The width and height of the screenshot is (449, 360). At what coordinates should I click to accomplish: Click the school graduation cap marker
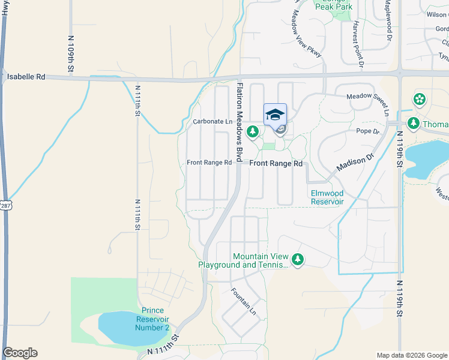pos(275,115)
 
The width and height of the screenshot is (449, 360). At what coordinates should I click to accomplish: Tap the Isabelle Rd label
pos(26,77)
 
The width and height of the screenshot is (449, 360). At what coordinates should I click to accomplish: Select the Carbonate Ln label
pos(212,122)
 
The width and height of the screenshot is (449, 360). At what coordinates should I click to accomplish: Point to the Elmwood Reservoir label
pos(327,197)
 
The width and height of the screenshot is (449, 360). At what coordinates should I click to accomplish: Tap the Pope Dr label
pos(367,131)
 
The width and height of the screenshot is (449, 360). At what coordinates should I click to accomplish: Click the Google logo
pos(20,352)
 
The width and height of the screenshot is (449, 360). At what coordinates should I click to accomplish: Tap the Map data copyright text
pos(411,355)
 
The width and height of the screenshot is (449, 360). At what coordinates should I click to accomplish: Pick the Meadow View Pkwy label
pos(307,37)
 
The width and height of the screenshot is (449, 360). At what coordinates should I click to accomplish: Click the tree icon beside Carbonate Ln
pos(253,130)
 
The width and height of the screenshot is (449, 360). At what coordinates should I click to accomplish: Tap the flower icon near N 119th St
pos(419,99)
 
